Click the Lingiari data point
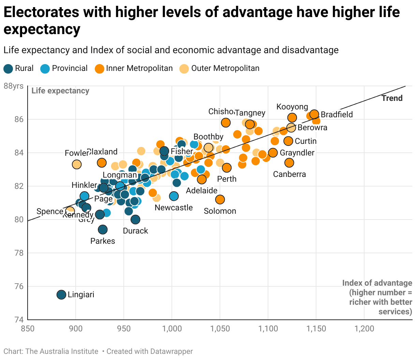tap(61, 295)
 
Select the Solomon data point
tap(220, 199)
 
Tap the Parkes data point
tap(103, 230)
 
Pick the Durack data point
tap(135, 219)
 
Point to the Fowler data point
tap(77, 164)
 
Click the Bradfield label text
tap(337, 115)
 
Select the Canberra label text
tap(289, 174)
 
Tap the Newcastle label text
tap(174, 208)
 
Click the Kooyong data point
tap(292, 118)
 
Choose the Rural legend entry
tap(19, 69)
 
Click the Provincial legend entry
tap(64, 69)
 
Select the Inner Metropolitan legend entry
tap(134, 69)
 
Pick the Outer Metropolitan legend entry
tap(220, 69)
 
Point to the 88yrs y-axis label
tap(14, 86)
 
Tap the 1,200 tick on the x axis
tap(364, 329)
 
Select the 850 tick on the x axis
tap(28, 329)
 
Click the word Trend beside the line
tap(392, 98)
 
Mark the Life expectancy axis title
tap(60, 91)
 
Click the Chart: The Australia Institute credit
tap(51, 351)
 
